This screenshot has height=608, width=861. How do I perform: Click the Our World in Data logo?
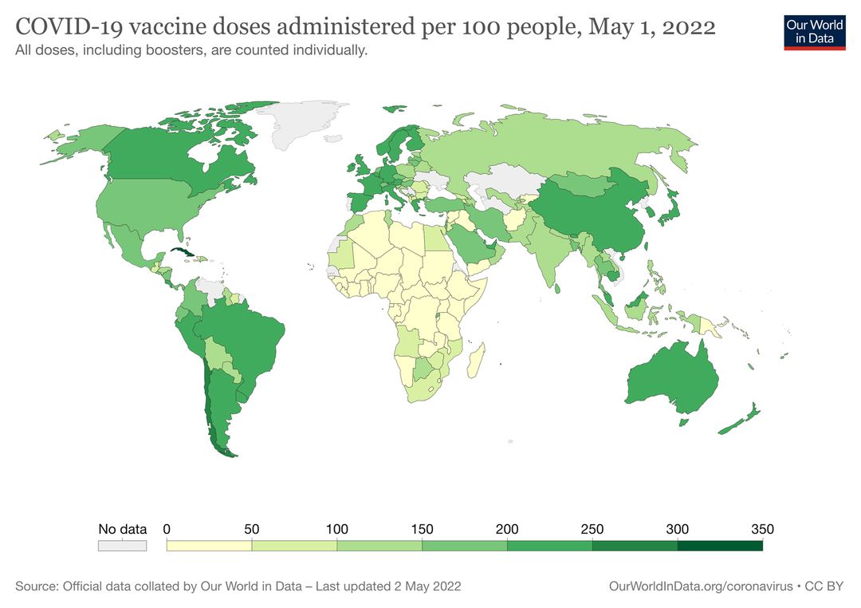pos(814,31)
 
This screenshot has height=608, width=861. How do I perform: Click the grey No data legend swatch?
pos(122,546)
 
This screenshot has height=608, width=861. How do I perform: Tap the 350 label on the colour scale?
pos(762,529)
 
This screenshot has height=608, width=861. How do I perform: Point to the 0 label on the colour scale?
pos(167,529)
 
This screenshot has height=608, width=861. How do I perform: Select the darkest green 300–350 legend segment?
pos(720,546)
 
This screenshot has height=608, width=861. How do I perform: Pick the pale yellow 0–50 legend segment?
pos(209,546)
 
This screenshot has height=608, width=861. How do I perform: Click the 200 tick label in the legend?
pos(507,529)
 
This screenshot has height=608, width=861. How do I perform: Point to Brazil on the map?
pos(247,335)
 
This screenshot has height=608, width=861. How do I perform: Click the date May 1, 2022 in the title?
pos(651,27)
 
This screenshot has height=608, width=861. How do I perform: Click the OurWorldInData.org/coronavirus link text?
pos(700,586)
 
